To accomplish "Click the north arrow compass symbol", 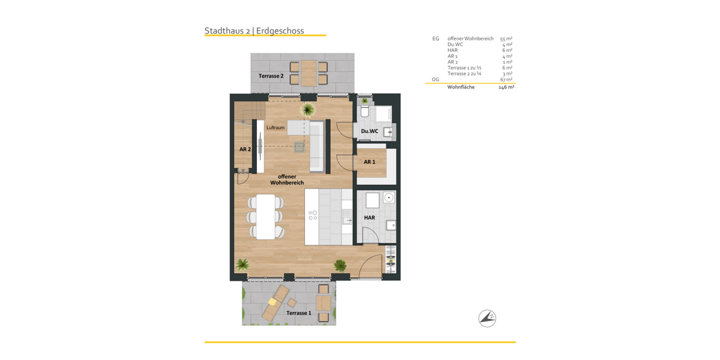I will [487, 318].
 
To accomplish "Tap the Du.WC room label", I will [369, 131].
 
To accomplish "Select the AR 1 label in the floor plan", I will [369, 162].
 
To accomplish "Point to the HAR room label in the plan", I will [369, 217].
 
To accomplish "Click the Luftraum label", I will [275, 128].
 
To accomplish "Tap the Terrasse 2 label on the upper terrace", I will [271, 76].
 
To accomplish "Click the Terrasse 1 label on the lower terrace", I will [298, 313].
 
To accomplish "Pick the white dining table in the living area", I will [265, 217].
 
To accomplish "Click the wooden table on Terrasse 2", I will [309, 73].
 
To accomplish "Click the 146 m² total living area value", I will [506, 87].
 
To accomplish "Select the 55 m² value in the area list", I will [506, 38].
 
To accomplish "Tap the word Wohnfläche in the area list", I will [461, 87].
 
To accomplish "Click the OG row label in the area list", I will [436, 79].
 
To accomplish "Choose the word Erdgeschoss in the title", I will [280, 31].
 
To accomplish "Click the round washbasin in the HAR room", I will [389, 197].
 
